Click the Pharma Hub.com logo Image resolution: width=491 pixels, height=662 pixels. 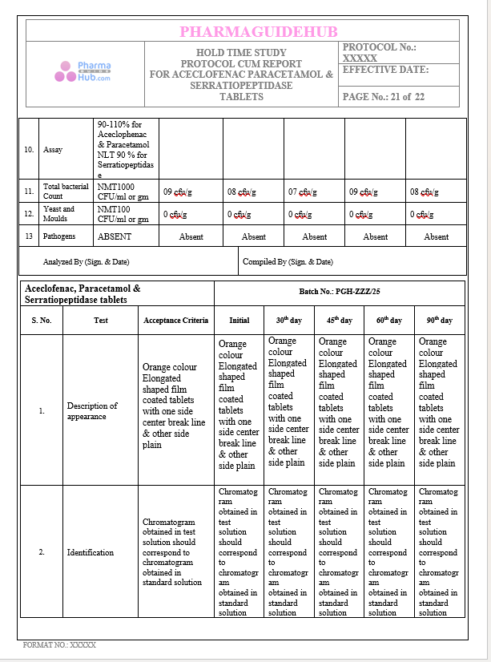[83, 72]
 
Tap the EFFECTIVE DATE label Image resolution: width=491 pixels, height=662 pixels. [385, 70]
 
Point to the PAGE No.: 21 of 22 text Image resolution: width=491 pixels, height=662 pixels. [384, 96]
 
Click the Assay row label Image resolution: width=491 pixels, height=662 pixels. [53, 150]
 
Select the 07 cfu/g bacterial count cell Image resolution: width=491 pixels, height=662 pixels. [303, 192]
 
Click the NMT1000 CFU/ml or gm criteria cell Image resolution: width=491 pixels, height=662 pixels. [123, 192]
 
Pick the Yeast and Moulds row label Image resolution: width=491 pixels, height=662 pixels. [58, 214]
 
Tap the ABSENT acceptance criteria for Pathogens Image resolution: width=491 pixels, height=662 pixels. [115, 236]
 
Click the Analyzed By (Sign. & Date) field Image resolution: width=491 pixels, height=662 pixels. [86, 261]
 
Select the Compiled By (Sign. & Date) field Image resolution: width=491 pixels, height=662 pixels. [289, 261]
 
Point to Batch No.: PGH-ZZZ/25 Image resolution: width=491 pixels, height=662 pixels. [339, 293]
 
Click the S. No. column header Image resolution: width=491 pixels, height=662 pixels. [42, 320]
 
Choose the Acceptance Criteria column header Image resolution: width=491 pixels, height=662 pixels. [175, 320]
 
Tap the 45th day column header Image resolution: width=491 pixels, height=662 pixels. [340, 320]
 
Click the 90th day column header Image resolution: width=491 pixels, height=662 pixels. [439, 320]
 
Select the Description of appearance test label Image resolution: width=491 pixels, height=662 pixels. [92, 411]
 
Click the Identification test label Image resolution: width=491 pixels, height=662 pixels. [91, 552]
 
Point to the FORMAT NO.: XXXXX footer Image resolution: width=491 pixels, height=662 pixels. [59, 644]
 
